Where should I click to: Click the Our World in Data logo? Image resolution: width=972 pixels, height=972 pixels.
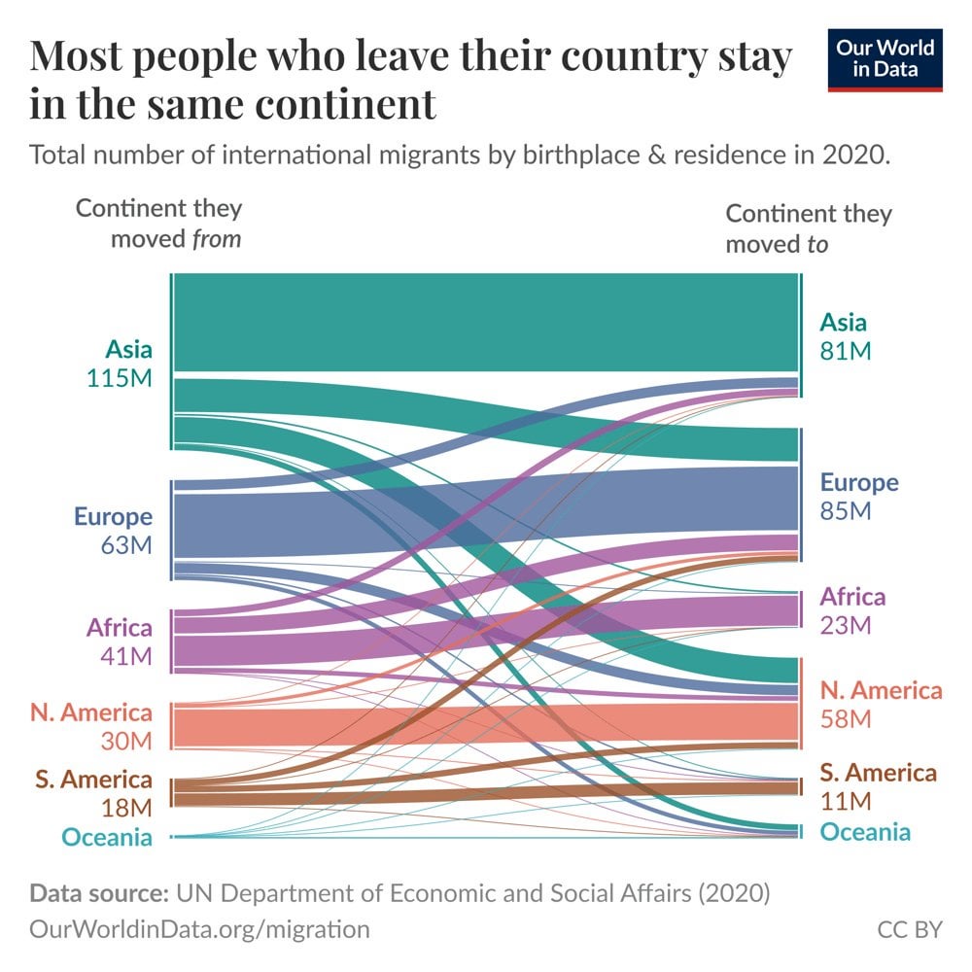885,60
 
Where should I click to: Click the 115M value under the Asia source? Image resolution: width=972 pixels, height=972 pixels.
120,379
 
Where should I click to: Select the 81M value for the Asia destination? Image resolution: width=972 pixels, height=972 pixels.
845,351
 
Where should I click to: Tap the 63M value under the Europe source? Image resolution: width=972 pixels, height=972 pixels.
126,545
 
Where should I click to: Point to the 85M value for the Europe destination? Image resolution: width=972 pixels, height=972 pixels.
846,511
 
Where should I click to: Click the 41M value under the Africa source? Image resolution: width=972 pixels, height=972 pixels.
126,656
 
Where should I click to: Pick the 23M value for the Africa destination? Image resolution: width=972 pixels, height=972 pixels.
845,625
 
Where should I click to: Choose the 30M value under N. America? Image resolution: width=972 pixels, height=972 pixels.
126,742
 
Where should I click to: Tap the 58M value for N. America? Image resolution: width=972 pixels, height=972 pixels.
845,719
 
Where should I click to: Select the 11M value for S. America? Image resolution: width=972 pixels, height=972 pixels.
844,802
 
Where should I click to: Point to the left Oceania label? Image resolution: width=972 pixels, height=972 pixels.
107,837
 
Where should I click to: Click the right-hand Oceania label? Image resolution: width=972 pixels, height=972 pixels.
865,832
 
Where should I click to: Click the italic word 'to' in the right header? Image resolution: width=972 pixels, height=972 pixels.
816,244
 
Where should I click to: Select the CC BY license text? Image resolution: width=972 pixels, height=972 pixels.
910,930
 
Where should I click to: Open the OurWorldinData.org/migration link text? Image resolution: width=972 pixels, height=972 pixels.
200,930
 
